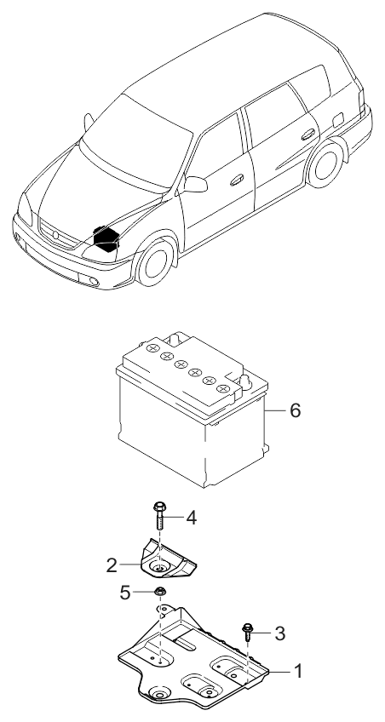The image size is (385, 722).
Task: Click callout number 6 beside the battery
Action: (295, 410)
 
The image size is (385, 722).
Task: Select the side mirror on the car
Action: (197, 183)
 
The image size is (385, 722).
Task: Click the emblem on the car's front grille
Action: (55, 231)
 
